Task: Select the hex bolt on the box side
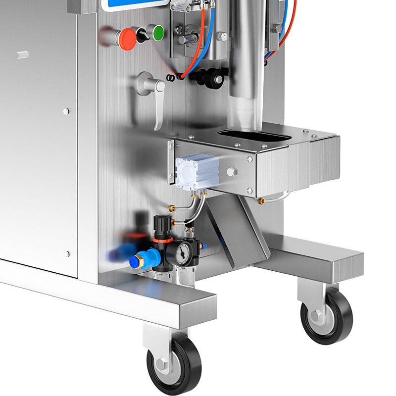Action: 232,172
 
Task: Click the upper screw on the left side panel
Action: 65,111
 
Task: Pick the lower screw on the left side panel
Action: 66,254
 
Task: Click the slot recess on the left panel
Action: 22,55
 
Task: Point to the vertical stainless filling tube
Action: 244,69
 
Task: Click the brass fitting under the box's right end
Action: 263,201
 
